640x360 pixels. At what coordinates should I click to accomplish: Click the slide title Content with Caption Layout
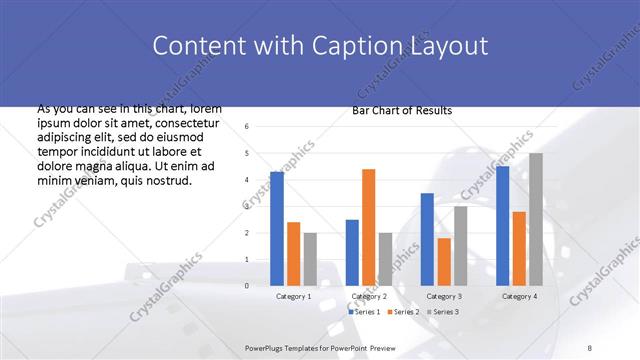click(320, 46)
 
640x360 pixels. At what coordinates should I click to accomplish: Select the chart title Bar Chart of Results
click(402, 110)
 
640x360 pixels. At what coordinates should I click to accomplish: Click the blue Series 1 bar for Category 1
click(277, 229)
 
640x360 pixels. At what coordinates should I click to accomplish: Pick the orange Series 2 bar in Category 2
click(369, 227)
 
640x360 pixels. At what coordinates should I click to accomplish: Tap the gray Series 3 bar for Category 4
click(536, 219)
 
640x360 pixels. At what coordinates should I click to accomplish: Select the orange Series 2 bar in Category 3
click(444, 262)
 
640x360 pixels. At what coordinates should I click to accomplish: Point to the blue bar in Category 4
click(502, 226)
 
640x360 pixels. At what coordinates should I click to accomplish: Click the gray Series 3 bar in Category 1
click(310, 259)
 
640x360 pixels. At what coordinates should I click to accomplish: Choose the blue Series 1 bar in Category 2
click(352, 252)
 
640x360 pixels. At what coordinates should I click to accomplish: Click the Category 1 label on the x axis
click(293, 297)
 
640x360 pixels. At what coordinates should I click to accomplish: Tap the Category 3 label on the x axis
click(444, 297)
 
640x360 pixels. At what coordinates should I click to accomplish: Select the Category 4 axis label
click(519, 297)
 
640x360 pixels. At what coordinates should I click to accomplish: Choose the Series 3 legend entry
click(442, 312)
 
